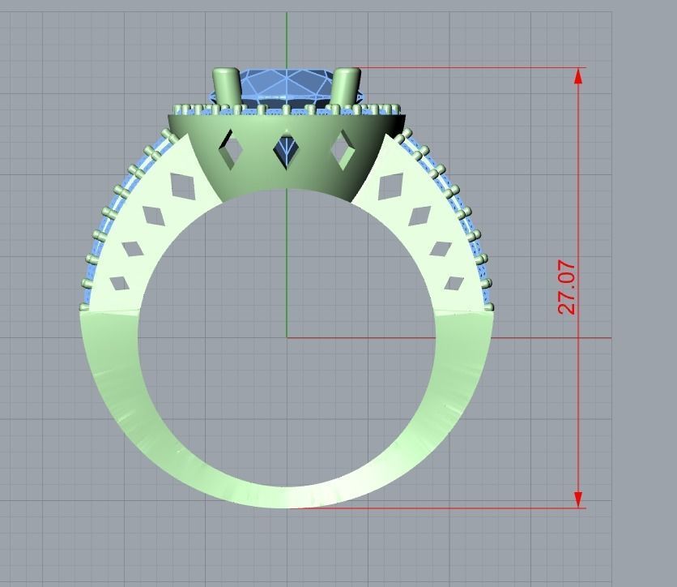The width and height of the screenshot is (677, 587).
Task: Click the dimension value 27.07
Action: (566, 287)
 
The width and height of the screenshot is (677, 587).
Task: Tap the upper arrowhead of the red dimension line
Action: (578, 76)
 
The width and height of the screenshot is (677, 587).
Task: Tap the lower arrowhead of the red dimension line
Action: (578, 499)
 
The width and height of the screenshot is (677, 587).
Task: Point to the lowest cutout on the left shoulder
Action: (119, 284)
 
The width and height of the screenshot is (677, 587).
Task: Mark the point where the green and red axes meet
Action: (287, 337)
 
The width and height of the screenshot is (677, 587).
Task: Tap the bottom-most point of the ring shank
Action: (287, 507)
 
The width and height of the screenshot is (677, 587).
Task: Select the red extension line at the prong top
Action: (470, 68)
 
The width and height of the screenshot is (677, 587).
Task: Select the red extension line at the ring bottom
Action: (437, 508)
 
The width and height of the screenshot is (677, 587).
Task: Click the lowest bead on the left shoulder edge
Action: (83, 307)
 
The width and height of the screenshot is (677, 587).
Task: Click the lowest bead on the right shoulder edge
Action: (489, 306)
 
